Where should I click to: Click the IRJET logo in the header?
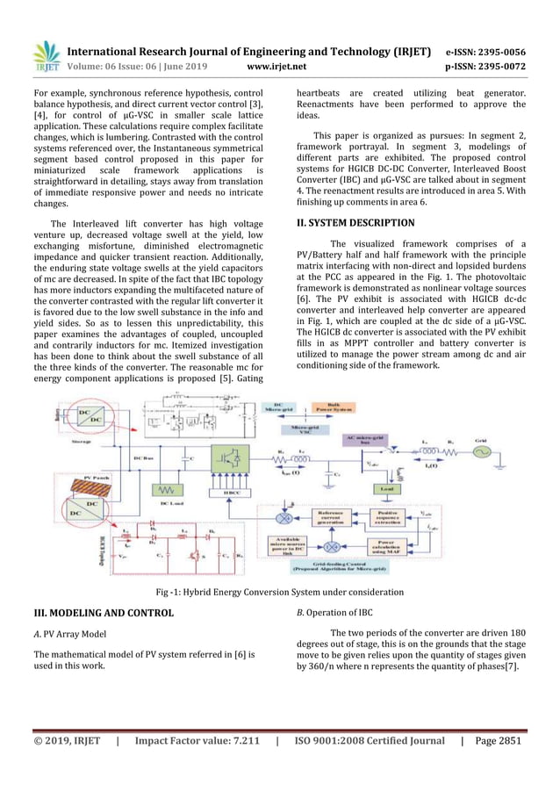47,55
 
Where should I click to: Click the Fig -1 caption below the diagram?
280,592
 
